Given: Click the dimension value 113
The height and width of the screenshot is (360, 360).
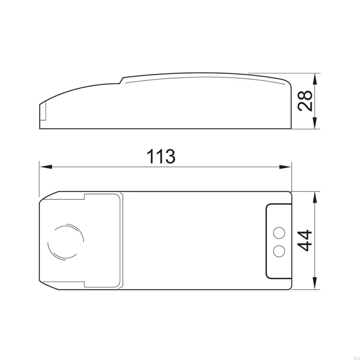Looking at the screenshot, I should point(161,156).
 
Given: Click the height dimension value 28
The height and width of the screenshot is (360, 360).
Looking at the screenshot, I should point(305,101).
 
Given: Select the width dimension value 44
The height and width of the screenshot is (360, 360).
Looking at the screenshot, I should point(305,241).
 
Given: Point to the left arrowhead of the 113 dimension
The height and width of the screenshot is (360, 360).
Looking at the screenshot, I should point(45,166).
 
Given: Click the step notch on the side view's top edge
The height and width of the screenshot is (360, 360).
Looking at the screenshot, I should point(121,80).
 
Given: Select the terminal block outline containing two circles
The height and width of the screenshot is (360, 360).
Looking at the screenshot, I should point(278,241).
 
